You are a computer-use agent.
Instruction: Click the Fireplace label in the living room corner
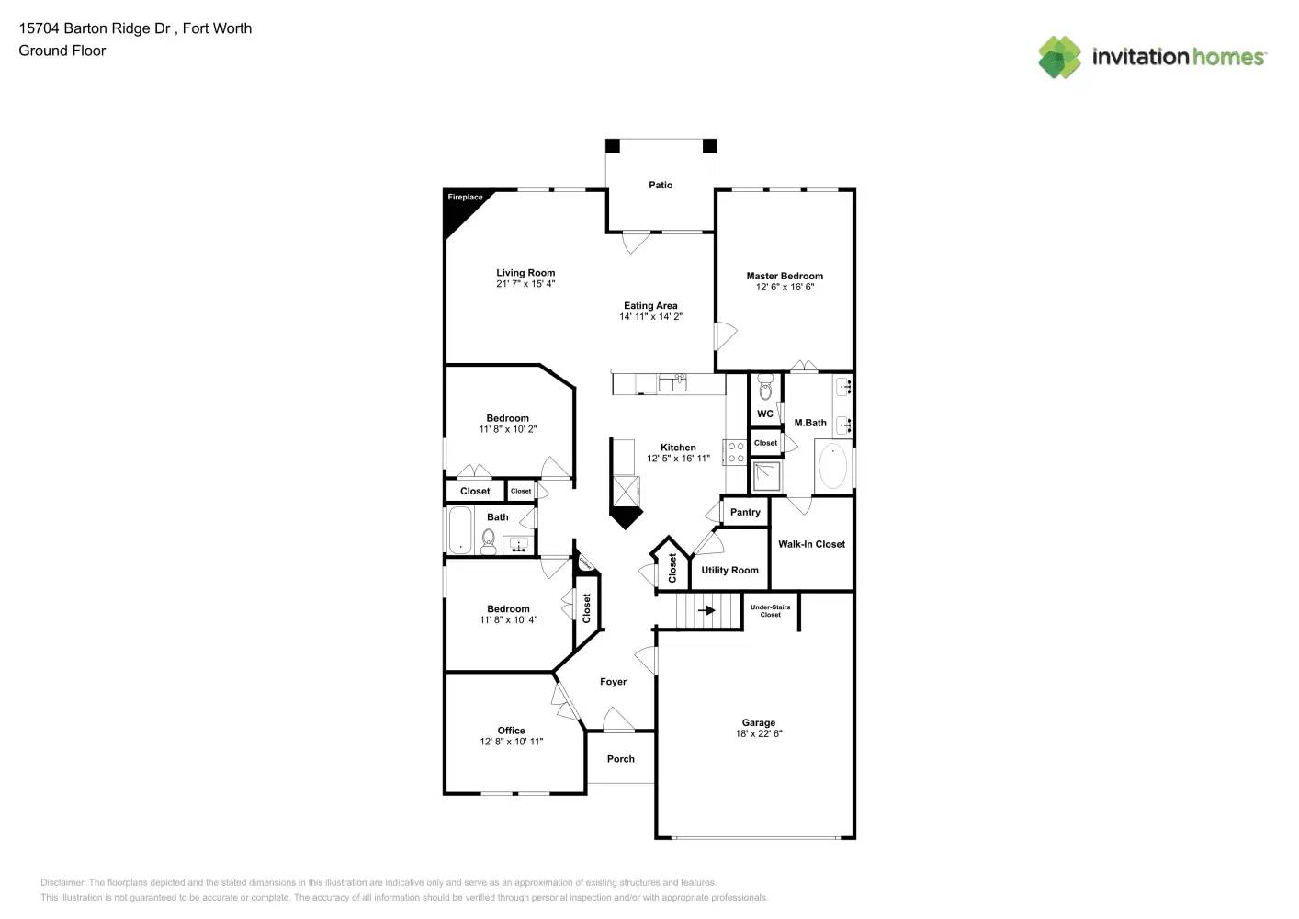coord(465,197)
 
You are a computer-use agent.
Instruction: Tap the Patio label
coord(661,185)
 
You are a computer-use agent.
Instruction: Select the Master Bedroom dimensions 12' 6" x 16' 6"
coord(785,288)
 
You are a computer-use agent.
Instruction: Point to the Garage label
coord(759,722)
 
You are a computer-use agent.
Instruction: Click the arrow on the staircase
coord(706,609)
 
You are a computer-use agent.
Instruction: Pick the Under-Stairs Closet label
coord(770,610)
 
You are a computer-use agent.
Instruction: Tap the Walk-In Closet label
coord(811,544)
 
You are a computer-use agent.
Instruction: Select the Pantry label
coord(745,512)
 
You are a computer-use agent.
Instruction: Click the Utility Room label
coord(729,570)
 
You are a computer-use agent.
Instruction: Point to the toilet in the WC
coord(765,390)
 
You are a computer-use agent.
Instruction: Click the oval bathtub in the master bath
coord(832,466)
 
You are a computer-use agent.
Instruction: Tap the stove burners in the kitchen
coord(736,452)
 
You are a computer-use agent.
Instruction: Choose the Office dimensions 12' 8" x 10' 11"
coord(511,742)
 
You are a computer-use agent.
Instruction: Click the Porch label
coord(621,759)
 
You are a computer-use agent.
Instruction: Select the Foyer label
coord(613,682)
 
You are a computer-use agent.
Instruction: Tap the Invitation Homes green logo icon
coord(1059,57)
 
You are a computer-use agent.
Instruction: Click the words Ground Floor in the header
coord(62,51)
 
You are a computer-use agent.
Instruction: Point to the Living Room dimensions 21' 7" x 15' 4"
coord(525,284)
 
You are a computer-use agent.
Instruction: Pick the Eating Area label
coord(650,305)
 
